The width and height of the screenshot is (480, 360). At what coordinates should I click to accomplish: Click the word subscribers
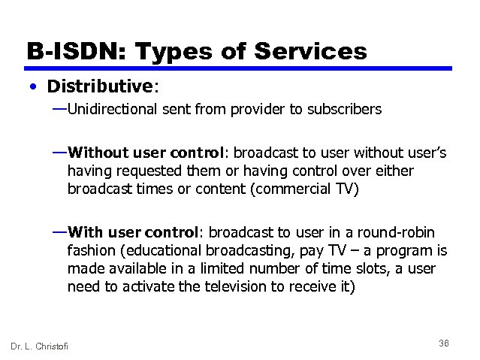point(345,110)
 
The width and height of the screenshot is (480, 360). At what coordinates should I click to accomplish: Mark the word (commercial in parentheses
point(291,189)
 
